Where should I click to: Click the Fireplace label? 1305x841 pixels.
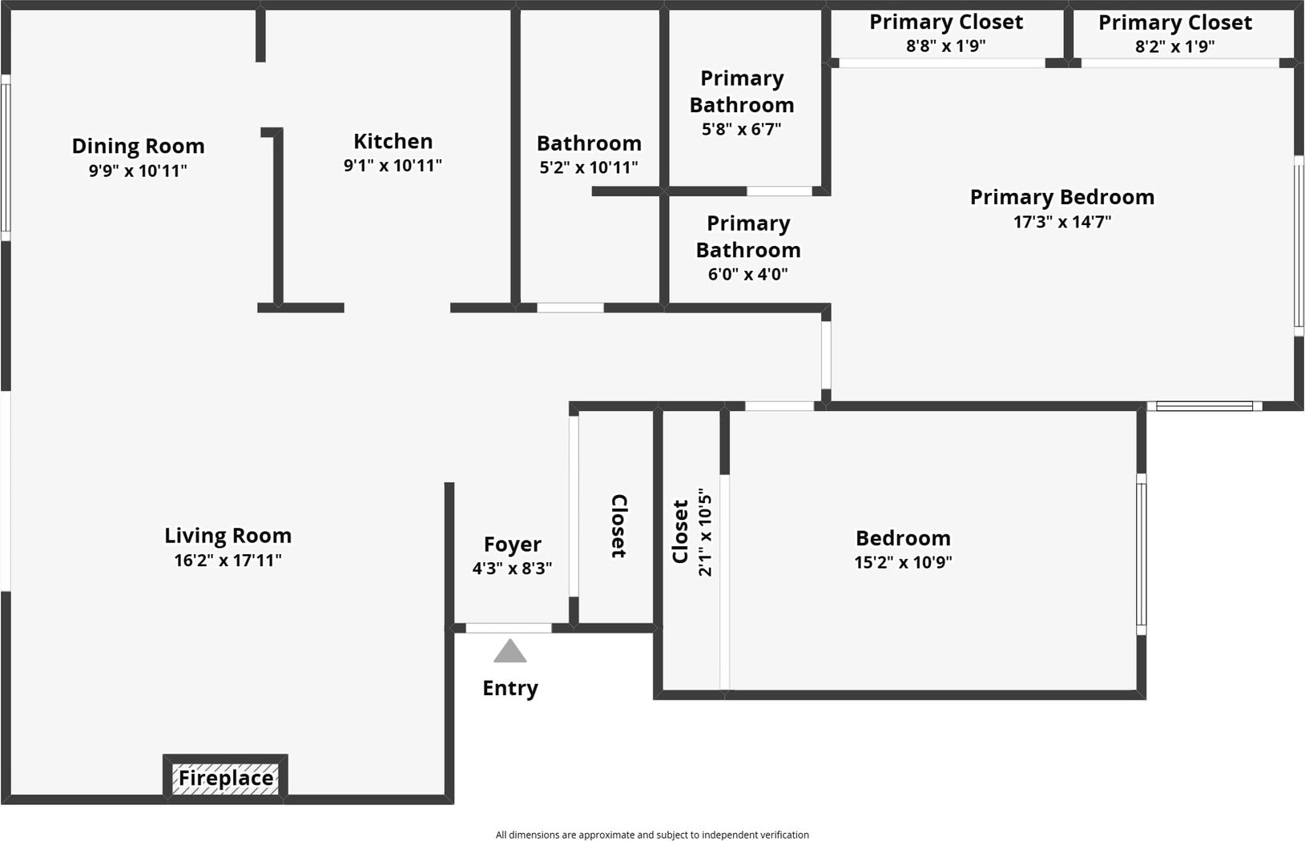[226, 778]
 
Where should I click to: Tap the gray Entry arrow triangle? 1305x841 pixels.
[510, 652]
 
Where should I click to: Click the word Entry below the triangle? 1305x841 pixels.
[510, 688]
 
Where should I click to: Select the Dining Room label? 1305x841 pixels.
[138, 146]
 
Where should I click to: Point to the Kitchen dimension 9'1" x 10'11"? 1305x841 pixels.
[393, 166]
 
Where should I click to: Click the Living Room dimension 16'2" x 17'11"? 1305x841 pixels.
[228, 561]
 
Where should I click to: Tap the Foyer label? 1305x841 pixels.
[512, 544]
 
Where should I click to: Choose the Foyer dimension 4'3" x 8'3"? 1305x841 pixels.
[512, 569]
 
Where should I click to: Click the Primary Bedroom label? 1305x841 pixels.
[1061, 197]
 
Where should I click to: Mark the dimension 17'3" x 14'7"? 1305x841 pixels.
[1061, 222]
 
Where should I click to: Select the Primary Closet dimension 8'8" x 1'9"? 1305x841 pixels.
[945, 46]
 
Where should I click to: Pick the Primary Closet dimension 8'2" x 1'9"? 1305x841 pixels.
[1174, 46]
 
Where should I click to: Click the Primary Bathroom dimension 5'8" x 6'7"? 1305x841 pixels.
[741, 129]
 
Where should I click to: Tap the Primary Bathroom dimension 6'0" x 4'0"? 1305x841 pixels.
[747, 274]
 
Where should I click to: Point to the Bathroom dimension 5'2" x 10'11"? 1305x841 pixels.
[589, 167]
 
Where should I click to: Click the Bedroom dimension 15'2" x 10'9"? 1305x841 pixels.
[903, 562]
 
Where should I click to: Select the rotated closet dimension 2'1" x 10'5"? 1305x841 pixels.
[705, 532]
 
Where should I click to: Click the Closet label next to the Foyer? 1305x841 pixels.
[618, 526]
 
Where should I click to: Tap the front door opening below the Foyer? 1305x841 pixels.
[509, 628]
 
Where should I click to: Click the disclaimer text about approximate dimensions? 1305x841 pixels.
[652, 835]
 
